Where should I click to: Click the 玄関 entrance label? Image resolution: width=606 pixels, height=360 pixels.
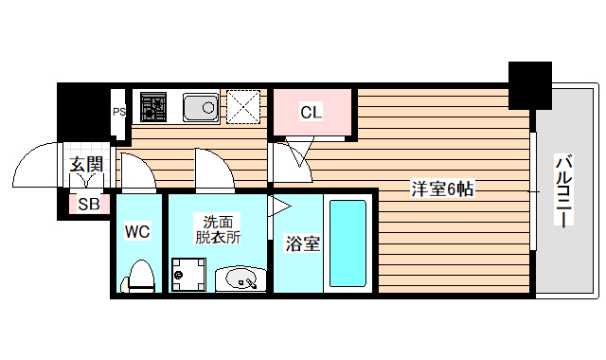85,164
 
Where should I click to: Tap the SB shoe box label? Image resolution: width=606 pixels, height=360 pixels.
89,204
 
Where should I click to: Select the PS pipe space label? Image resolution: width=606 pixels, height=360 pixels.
119,112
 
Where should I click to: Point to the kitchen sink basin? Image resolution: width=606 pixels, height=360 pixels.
200,107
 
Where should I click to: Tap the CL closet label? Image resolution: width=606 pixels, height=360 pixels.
312,113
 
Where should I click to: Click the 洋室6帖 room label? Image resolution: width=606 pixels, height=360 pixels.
441,189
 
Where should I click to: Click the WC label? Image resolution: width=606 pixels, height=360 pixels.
138,231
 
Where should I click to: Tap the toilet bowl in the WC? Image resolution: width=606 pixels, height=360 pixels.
139,276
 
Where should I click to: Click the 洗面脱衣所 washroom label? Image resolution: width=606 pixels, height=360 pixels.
218,229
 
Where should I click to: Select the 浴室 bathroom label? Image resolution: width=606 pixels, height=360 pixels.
302,243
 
